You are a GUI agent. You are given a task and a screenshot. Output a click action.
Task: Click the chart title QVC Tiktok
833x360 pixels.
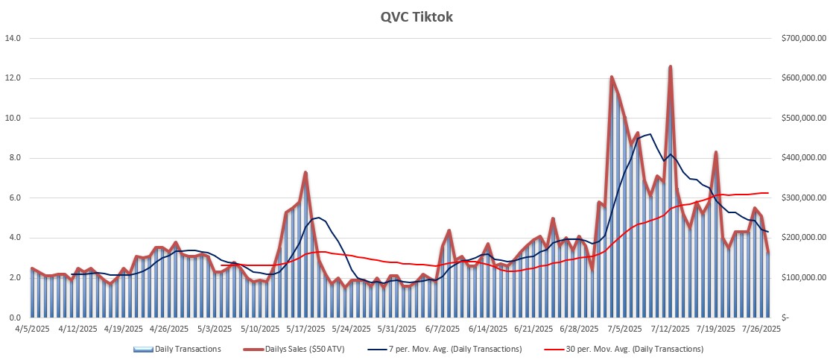pyautogui.click(x=416, y=16)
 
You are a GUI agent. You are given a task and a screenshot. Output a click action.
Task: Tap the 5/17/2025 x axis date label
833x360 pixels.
pyautogui.click(x=305, y=328)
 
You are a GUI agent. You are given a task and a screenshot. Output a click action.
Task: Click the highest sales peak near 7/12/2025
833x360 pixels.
pyautogui.click(x=671, y=67)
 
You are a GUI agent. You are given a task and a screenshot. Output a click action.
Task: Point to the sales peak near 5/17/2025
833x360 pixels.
pyautogui.click(x=305, y=173)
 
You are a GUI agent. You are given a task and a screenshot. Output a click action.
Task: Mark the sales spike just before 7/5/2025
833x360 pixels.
pyautogui.click(x=611, y=77)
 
